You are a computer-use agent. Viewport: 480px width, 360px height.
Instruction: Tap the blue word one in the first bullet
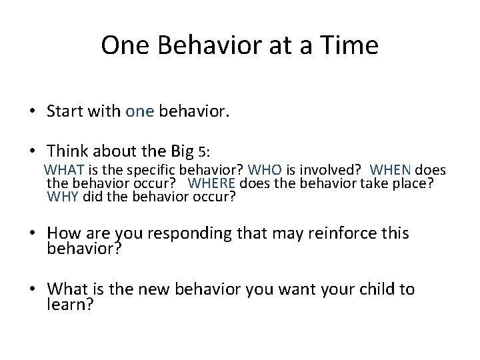[139, 111]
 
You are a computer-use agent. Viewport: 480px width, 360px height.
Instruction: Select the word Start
[66, 111]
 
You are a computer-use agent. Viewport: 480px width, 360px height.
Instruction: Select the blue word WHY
[62, 197]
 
